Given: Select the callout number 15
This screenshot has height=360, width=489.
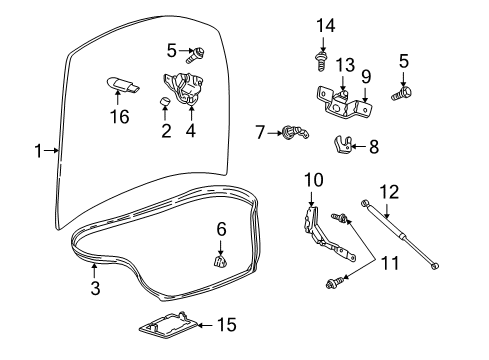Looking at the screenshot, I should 229,324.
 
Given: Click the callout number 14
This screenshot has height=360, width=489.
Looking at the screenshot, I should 322,24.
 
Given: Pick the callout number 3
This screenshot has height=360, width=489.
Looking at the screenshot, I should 95,289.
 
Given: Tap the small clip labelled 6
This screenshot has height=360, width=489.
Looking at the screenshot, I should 217,262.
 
